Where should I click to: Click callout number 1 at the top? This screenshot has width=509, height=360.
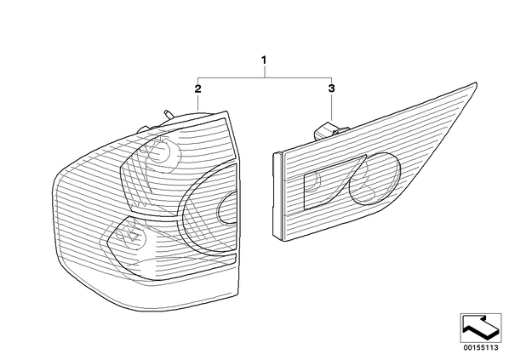click(264, 60)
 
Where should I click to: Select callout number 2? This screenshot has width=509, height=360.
click(197, 89)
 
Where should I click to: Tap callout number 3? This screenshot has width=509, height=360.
click(331, 88)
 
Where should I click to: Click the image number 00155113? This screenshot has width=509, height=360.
click(480, 348)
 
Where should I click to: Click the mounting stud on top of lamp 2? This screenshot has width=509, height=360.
click(169, 114)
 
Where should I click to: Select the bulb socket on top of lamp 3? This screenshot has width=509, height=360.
click(328, 130)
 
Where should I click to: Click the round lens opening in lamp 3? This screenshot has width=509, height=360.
click(375, 179)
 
